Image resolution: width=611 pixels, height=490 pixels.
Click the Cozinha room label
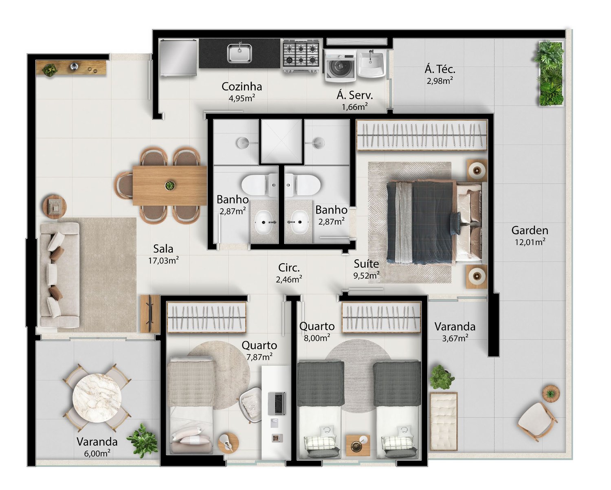242,87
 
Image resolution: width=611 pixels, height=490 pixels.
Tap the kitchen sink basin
240,53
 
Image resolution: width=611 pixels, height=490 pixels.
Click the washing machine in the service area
340,66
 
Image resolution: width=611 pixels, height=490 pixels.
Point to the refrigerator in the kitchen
178,58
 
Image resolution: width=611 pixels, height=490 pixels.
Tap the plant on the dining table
170,186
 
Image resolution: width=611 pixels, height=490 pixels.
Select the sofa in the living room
59,275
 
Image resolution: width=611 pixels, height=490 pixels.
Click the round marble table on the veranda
97,398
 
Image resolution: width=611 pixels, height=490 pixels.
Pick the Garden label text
530,230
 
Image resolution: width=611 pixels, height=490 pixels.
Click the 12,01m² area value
530,242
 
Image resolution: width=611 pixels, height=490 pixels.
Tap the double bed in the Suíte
434,222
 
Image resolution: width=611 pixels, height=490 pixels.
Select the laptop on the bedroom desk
277,403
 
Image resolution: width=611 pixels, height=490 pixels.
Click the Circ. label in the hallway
289,268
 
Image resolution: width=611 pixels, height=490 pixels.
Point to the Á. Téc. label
440,69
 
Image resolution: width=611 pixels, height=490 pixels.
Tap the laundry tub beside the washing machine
371,64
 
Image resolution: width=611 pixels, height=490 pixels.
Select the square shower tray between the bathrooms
281,141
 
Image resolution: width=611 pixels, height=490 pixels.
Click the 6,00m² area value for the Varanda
97,453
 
